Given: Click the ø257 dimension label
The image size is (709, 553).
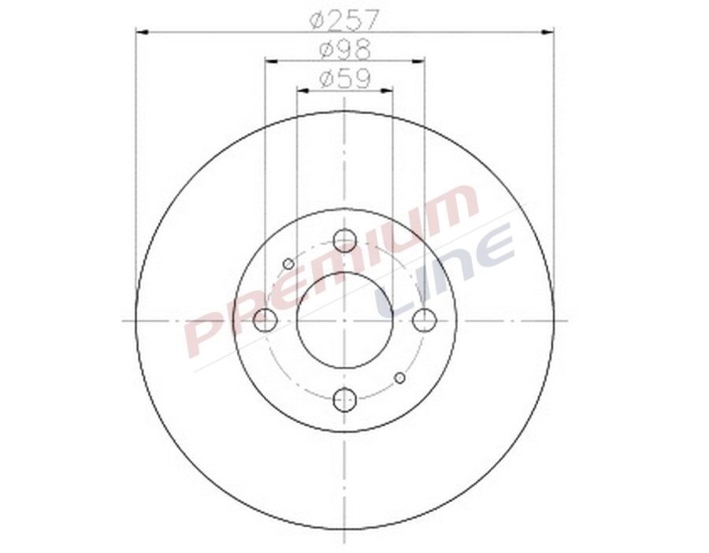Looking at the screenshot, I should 344,18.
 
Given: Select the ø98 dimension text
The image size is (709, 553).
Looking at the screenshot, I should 344,50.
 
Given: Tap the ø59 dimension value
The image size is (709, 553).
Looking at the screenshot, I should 344,79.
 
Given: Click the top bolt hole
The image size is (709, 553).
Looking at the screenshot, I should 345,240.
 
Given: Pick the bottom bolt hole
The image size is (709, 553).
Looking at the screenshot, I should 345,400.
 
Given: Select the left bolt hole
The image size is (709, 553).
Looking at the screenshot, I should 265,321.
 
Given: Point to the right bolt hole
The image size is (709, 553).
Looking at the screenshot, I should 425,321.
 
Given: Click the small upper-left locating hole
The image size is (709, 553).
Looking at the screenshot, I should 288,263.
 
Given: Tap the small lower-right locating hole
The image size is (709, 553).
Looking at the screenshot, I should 399,378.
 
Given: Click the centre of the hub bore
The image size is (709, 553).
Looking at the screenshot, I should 345,321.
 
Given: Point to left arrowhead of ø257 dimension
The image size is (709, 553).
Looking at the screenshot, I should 141,32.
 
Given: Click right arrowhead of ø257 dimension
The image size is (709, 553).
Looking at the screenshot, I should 548,32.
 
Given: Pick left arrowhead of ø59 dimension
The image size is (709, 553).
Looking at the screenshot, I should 301,91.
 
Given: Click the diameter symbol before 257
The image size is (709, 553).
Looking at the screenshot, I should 317,18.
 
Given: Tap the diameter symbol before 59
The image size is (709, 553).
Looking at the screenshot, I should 327,79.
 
